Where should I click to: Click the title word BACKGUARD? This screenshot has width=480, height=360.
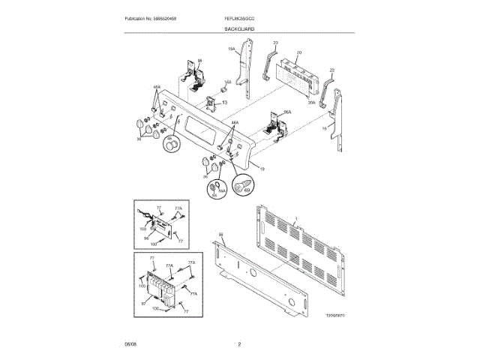[x=239, y=28]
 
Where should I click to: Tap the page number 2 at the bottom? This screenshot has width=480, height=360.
[x=239, y=344]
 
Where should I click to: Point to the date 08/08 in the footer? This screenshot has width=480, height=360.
[x=130, y=344]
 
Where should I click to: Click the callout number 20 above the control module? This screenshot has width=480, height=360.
[x=298, y=53]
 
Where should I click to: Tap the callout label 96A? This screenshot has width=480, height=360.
[x=287, y=112]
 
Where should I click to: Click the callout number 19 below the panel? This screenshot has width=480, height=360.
[x=262, y=169]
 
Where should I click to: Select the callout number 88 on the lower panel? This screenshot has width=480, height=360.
[x=221, y=236]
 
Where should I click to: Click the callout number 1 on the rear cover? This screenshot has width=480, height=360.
[x=297, y=218]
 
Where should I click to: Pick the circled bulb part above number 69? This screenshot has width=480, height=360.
[x=243, y=184]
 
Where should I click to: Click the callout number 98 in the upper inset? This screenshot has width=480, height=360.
[x=146, y=238]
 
